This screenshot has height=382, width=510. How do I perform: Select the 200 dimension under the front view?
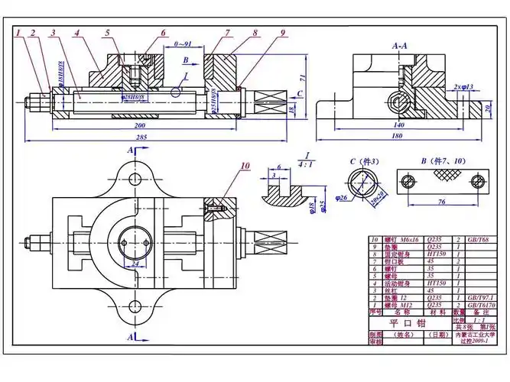click(x=139, y=124)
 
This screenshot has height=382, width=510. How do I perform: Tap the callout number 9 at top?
click(x=282, y=33)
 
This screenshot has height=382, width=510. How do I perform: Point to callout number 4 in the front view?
click(x=78, y=33)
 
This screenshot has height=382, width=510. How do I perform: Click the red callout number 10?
click(x=245, y=165)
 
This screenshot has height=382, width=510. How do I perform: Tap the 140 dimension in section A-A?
click(x=398, y=123)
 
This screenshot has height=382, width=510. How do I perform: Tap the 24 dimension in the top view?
click(x=135, y=265)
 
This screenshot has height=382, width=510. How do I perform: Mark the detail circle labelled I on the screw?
click(x=176, y=92)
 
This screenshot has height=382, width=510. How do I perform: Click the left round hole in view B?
click(x=408, y=180)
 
